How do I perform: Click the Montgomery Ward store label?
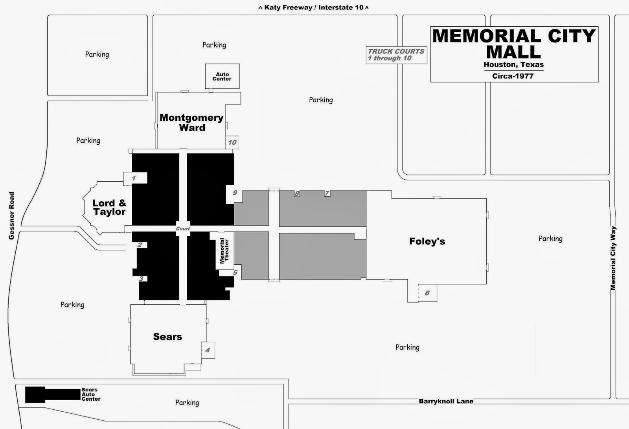191,122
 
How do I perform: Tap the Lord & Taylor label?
109,207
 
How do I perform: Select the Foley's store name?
427,241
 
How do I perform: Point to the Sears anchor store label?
167,337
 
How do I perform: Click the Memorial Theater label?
224,250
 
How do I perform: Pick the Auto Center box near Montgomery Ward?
222,76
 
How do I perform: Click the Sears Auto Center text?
91,394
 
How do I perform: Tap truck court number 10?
232,142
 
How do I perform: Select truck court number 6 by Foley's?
427,293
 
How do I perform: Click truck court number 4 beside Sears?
208,350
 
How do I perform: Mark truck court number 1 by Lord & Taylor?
134,178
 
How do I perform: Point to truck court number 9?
235,193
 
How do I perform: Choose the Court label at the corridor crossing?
183,228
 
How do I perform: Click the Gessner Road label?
11,215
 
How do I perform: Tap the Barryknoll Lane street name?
446,401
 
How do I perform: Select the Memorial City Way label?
613,258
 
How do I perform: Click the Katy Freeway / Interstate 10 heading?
313,7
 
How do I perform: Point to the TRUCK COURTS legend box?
396,55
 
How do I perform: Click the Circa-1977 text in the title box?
513,76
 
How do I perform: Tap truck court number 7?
327,193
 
